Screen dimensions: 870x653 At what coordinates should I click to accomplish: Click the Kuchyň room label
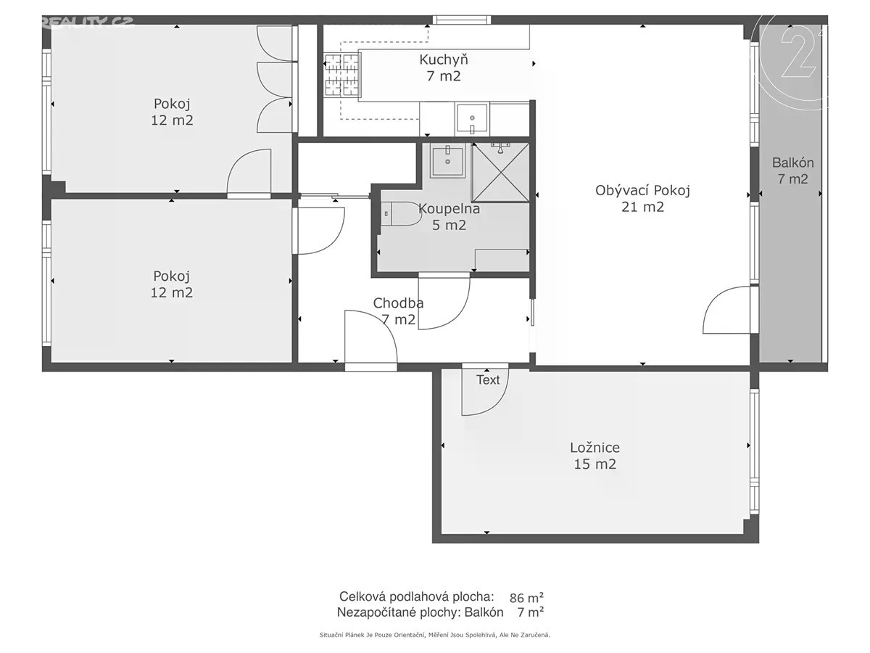point(444,60)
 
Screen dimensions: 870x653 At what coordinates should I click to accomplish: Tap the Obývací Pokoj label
point(642,190)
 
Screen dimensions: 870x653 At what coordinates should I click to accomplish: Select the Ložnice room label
point(595,448)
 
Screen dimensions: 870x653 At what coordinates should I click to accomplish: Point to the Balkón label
point(792,163)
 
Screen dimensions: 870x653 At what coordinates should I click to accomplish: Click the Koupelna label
point(449,208)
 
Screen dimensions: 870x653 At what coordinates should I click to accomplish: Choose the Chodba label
point(398,303)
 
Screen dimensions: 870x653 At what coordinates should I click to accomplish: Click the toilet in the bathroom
point(401,214)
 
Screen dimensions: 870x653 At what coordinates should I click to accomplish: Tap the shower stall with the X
point(501,173)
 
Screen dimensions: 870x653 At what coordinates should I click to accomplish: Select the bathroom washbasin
point(447,161)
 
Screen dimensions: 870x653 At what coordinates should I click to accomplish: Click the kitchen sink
point(472,118)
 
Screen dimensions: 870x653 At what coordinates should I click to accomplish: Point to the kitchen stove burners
point(341,75)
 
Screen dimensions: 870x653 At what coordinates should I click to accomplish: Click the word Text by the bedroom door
point(488,379)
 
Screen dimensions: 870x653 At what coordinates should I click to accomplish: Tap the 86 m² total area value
point(526,597)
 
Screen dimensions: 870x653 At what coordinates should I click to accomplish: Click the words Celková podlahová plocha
point(417,596)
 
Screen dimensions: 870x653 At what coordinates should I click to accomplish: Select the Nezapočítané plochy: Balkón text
point(420,612)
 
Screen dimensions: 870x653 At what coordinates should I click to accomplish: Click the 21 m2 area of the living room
point(642,207)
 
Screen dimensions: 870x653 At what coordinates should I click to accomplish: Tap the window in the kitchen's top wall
point(461,20)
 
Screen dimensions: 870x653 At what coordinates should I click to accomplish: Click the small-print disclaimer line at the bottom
point(435,635)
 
